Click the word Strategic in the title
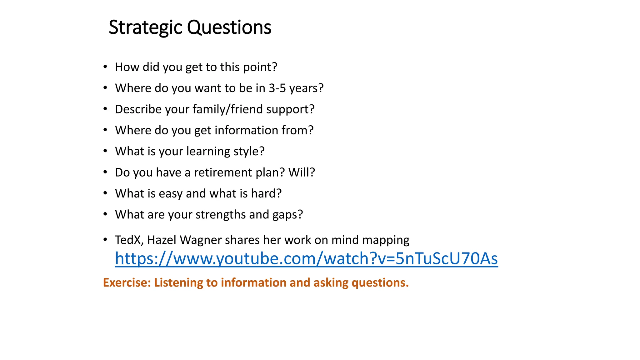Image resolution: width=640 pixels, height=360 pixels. [145, 27]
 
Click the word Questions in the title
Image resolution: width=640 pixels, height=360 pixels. [229, 27]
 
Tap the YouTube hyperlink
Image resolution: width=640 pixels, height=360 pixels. [306, 259]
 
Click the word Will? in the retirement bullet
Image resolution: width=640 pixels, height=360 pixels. [302, 172]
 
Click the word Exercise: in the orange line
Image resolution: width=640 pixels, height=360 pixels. [127, 283]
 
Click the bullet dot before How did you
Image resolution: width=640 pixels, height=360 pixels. [105, 67]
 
